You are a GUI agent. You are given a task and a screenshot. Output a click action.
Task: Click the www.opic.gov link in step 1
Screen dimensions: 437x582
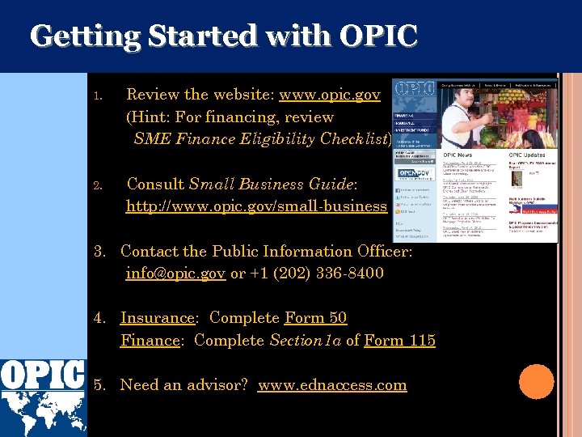pyautogui.click(x=330, y=95)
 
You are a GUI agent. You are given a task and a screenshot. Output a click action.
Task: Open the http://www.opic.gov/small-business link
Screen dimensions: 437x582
pyautogui.click(x=256, y=206)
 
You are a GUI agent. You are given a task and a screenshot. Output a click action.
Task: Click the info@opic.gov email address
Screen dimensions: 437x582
pyautogui.click(x=175, y=274)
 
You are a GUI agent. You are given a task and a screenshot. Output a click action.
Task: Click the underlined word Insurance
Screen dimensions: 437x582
pyautogui.click(x=158, y=318)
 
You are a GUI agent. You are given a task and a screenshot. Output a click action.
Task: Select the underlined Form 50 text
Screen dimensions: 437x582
pyautogui.click(x=315, y=318)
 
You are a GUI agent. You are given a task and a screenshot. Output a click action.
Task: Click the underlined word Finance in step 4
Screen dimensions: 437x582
pyautogui.click(x=150, y=341)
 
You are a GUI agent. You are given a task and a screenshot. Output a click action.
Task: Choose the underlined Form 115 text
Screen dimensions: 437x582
pyautogui.click(x=399, y=341)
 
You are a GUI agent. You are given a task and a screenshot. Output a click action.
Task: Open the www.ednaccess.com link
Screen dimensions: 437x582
pyautogui.click(x=332, y=385)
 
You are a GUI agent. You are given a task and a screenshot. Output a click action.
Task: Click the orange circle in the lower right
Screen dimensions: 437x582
pyautogui.click(x=536, y=382)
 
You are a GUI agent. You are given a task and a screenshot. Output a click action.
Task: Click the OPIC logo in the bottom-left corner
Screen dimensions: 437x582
pyautogui.click(x=43, y=397)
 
